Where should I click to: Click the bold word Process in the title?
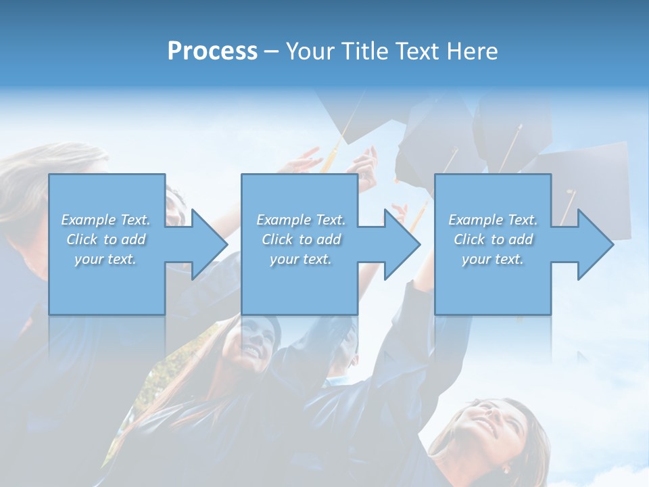pos(212,51)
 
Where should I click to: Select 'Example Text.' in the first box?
pos(105,220)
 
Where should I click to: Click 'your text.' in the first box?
pos(105,259)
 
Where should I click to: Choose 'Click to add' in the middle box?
pos(301,239)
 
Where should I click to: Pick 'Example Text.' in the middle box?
pos(301,220)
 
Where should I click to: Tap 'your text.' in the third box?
pos(493,259)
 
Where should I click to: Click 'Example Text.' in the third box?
pos(493,220)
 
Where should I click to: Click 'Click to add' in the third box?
pos(493,239)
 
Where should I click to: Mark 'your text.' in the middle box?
pos(301,259)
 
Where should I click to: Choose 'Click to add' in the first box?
pos(105,239)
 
